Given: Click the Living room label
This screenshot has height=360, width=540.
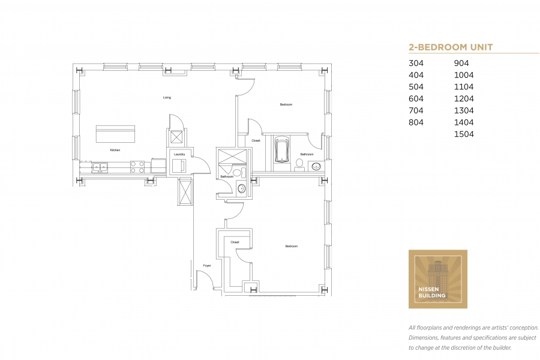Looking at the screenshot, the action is (x=167, y=97).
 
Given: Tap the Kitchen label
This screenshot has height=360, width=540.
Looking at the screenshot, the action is (x=115, y=150).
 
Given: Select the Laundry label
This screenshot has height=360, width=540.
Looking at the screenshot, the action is (x=179, y=154).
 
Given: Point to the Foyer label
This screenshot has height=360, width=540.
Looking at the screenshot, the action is (x=207, y=266).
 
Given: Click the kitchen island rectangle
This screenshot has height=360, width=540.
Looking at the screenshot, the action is (x=115, y=134).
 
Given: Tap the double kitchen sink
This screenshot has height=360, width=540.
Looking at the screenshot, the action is (x=100, y=167).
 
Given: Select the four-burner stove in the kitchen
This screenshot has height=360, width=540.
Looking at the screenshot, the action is (x=137, y=167).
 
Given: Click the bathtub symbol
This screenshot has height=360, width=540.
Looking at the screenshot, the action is (x=282, y=150).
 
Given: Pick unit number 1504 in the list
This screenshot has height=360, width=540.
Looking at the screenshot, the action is (x=464, y=134).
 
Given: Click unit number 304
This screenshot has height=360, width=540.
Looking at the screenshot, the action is (x=416, y=63).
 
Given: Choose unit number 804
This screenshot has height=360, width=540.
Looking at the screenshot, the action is (x=416, y=122).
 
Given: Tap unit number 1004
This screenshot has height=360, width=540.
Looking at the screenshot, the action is (x=464, y=75).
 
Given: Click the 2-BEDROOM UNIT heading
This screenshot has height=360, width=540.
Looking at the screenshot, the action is (x=451, y=47).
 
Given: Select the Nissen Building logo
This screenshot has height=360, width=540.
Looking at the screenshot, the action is (x=438, y=279).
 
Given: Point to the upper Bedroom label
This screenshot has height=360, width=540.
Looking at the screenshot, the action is (x=286, y=104).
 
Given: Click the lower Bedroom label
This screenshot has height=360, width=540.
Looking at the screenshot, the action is (x=292, y=247).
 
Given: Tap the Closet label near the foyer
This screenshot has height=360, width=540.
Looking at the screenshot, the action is (x=235, y=242).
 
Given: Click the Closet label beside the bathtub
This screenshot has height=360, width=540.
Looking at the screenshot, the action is (x=256, y=140).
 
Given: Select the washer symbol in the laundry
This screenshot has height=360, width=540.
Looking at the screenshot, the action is (x=179, y=166).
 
